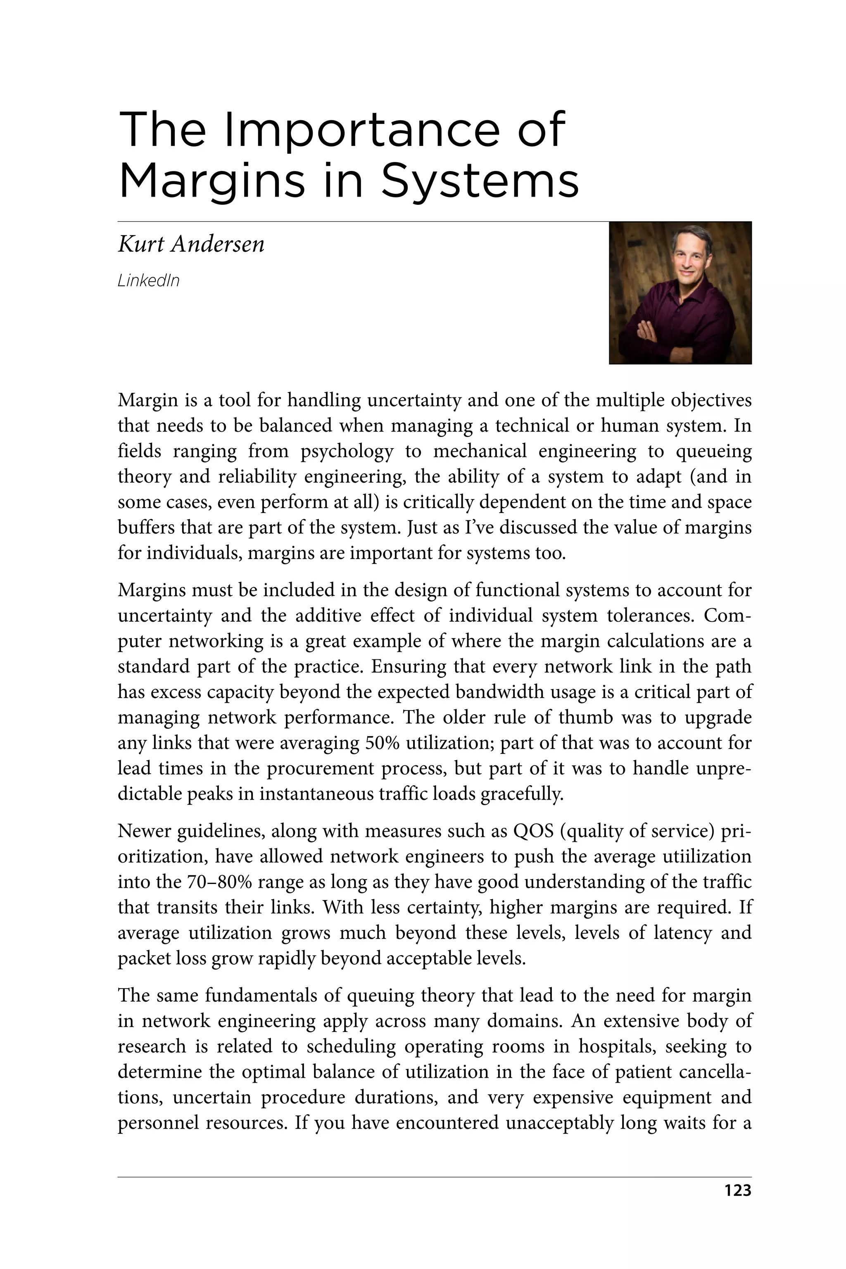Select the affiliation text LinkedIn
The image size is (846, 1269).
point(148,280)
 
